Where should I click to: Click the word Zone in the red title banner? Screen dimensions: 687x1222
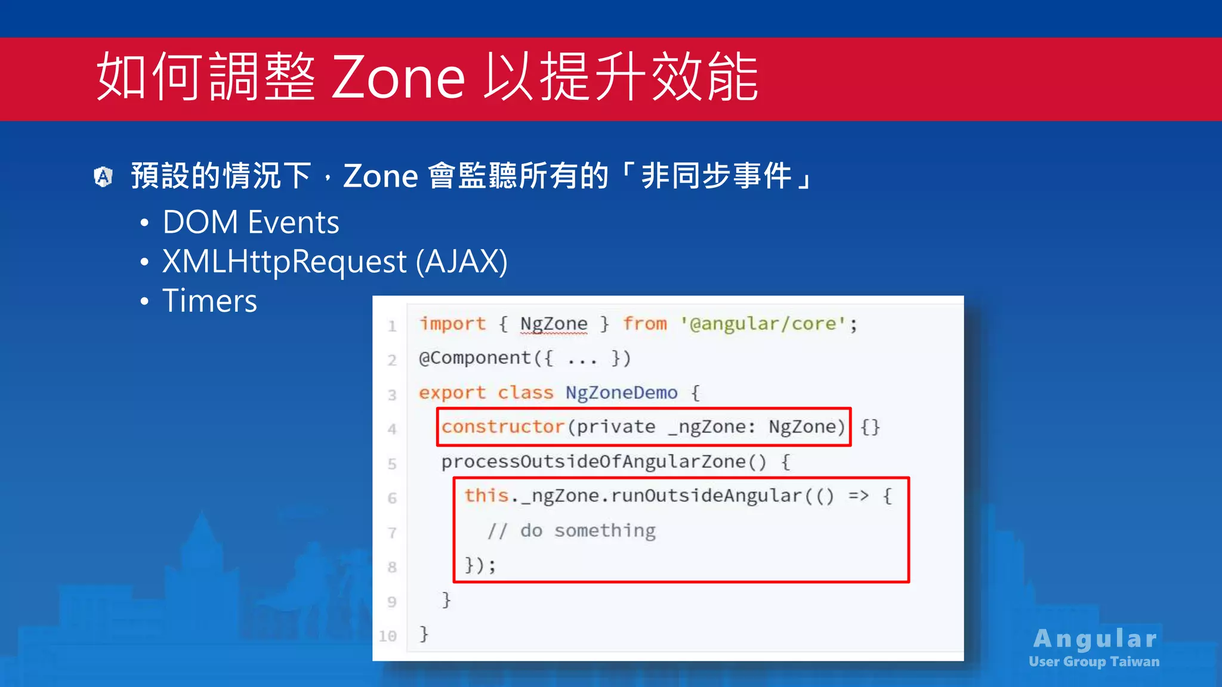tap(398, 78)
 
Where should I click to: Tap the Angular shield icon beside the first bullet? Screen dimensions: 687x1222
tap(103, 177)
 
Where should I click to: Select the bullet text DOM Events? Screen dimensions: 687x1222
tap(251, 222)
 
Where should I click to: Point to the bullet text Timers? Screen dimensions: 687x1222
tap(209, 301)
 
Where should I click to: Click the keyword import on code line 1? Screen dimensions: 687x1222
tap(452, 324)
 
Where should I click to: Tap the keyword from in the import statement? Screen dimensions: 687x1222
tap(644, 324)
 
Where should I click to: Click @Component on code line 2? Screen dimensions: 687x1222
tap(475, 358)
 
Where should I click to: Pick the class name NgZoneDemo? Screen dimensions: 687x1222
tap(621, 393)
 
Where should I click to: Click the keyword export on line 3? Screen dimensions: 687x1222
tap(452, 393)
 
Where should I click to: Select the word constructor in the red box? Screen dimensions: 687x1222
tap(502, 427)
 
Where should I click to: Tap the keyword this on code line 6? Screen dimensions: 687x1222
tap(486, 496)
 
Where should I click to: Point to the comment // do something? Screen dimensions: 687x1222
tap(572, 530)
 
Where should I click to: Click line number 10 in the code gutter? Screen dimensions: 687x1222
tap(388, 636)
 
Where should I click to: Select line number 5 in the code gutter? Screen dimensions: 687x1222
tap(391, 464)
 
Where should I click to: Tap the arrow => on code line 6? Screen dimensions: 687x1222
tap(858, 496)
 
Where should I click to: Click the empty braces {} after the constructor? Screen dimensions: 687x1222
tap(870, 427)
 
